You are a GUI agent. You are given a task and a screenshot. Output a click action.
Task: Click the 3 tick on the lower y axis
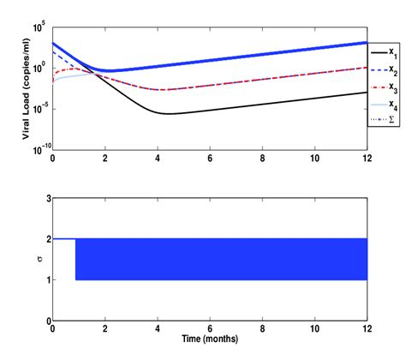coord(45,198)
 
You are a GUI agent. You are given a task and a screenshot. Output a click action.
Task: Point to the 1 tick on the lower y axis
coord(45,280)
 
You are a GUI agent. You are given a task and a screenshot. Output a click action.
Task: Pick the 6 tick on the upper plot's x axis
coord(210,159)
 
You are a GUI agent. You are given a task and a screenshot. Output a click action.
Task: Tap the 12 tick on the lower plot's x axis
coord(367,330)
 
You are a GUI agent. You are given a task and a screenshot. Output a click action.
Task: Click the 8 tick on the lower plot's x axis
coord(262,330)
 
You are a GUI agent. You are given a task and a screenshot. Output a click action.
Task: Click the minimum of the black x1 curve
coord(168,114)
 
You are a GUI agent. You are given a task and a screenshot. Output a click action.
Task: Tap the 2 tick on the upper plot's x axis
coord(105,159)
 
